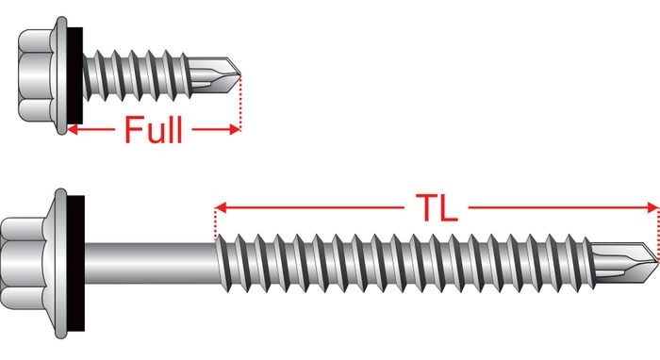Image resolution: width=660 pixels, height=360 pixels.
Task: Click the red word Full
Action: click(x=154, y=130)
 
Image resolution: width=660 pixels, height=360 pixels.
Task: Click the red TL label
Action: click(x=437, y=207)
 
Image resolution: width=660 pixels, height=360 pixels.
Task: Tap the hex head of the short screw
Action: click(x=36, y=75)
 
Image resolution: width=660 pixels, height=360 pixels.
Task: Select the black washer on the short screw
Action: click(x=74, y=75)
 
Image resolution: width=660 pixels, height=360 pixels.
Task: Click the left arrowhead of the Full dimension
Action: click(x=72, y=130)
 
